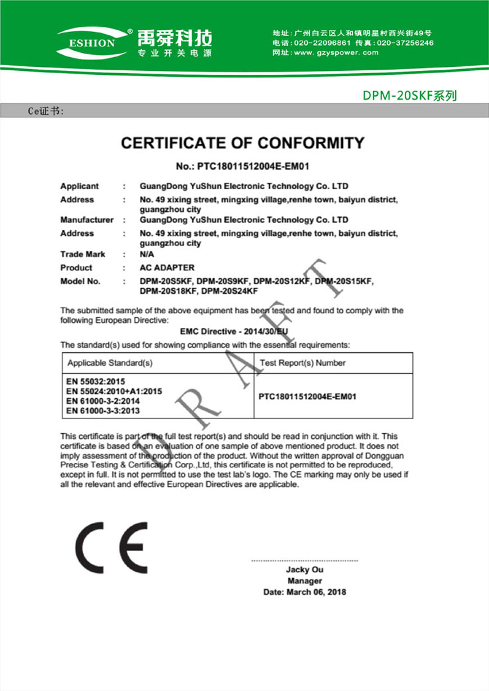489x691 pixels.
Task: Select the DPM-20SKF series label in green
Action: point(409,96)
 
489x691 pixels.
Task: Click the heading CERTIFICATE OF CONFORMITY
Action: point(243,143)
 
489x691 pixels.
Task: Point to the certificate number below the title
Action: point(243,166)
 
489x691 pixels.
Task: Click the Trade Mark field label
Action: point(83,254)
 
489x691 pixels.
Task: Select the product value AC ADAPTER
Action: point(167,267)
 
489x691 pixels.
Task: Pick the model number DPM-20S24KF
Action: point(229,291)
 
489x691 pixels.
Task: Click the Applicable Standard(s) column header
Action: point(110,363)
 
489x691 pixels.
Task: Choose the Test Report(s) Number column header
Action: point(302,363)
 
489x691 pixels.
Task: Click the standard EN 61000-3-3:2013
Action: point(103,411)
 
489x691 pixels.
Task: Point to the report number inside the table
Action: point(307,397)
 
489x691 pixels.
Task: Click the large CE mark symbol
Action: point(111,547)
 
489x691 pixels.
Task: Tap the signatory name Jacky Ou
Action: point(305,570)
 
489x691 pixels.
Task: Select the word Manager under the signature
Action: point(305,581)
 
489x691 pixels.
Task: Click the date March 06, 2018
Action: point(305,592)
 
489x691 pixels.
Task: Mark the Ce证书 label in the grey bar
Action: point(46,111)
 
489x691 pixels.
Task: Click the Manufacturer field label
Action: point(87,220)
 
